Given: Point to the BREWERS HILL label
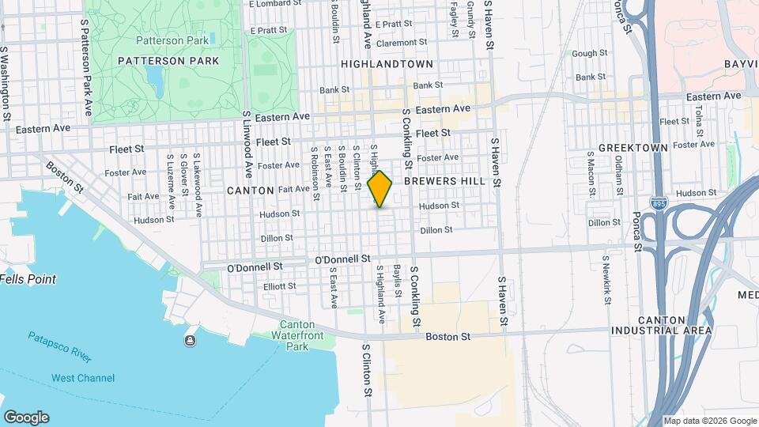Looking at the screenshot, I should [x=442, y=180].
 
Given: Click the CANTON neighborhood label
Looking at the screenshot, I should [x=250, y=191].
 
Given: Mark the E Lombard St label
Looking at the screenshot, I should [x=276, y=4].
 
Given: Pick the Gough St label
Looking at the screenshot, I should [x=589, y=54].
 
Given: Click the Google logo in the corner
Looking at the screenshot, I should [x=26, y=418].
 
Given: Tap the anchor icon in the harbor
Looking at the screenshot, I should [x=190, y=341].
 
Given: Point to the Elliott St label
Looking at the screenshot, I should [x=280, y=286].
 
